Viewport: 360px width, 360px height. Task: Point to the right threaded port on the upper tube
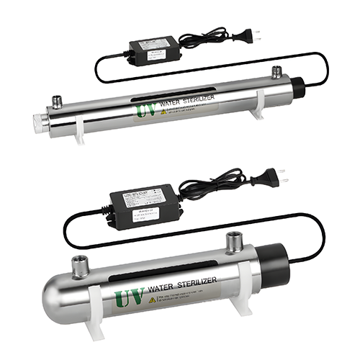[275, 73]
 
